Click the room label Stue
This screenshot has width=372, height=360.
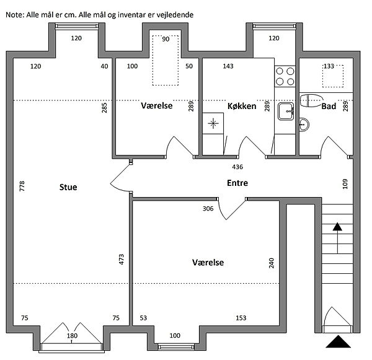[68, 187]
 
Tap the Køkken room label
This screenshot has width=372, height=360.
[242, 106]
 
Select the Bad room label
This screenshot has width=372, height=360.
[329, 107]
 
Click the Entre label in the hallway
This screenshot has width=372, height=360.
[237, 183]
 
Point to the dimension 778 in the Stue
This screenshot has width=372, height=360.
[22, 187]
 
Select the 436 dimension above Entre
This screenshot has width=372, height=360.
[237, 167]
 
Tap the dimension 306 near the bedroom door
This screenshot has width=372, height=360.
[208, 209]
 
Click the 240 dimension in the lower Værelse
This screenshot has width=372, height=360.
[271, 263]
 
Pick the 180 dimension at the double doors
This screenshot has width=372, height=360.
[72, 336]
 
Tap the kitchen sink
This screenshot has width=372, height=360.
[286, 112]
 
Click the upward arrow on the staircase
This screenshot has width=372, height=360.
[337, 237]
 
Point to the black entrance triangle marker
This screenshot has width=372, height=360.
[338, 341]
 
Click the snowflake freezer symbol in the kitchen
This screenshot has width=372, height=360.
[213, 123]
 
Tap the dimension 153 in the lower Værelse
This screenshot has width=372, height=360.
[241, 318]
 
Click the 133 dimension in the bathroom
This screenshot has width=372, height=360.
[329, 66]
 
